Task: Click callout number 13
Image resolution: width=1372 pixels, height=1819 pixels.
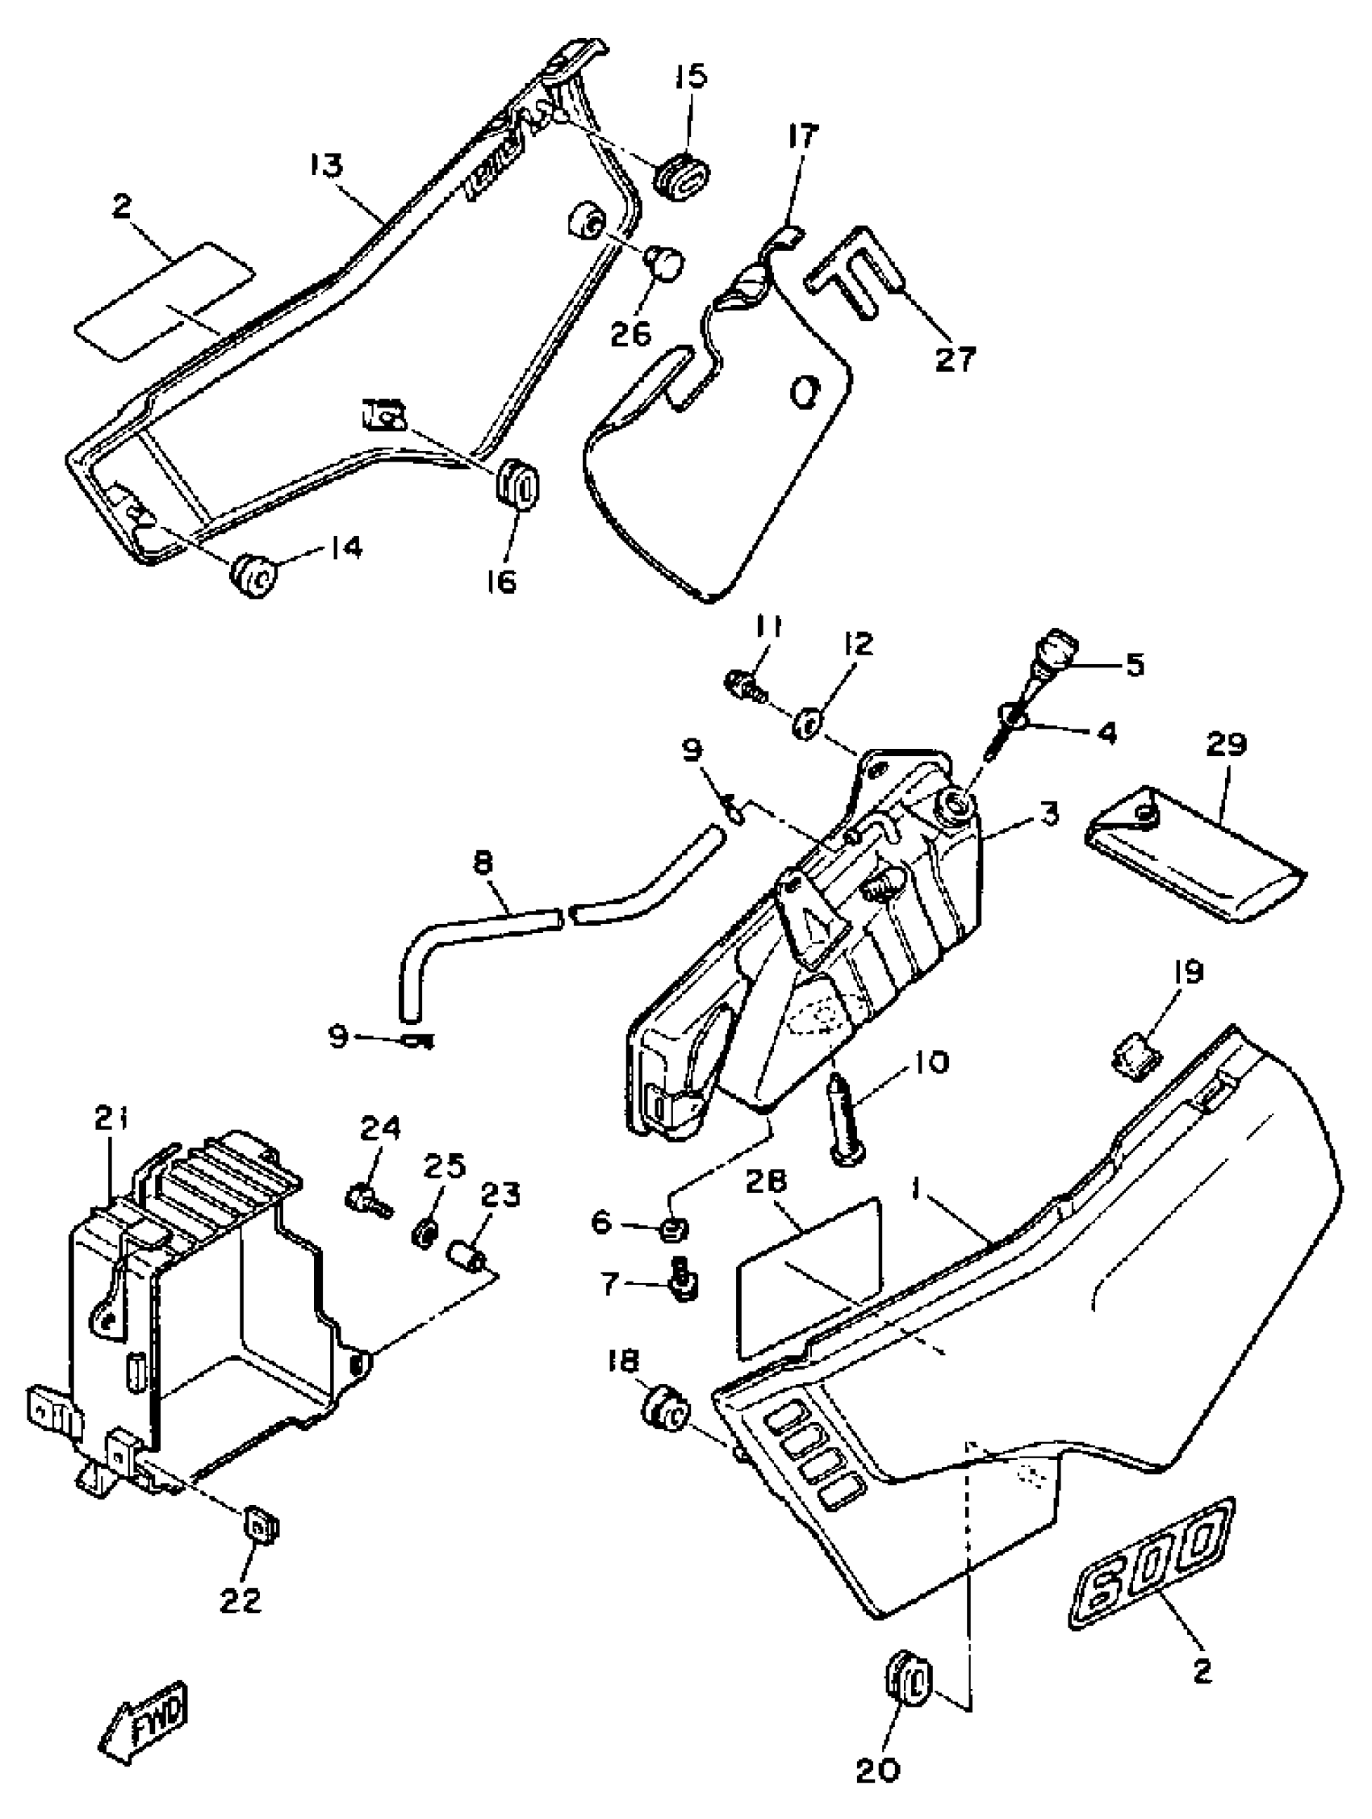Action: pos(326,167)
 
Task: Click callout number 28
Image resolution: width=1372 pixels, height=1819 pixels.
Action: pos(768,1181)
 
